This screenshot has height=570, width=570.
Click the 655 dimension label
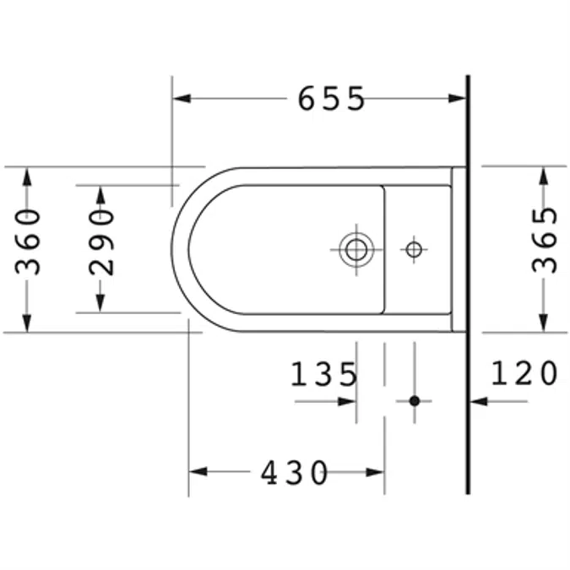coord(331,99)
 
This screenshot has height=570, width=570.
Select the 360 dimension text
coord(29,241)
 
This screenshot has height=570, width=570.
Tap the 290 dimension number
coord(101,242)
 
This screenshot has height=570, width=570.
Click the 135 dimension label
coord(324,374)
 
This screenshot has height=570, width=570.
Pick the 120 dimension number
coord(524,372)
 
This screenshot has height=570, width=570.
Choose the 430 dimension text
coord(294,473)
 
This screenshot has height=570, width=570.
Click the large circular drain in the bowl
coord(356,249)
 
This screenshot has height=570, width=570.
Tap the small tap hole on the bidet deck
coord(413,249)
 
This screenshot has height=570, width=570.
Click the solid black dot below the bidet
coord(414,400)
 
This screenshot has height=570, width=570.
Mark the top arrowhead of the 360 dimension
coord(28,176)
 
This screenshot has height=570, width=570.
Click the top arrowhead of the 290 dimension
coord(100,193)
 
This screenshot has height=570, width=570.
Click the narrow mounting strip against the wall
coord(459,249)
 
